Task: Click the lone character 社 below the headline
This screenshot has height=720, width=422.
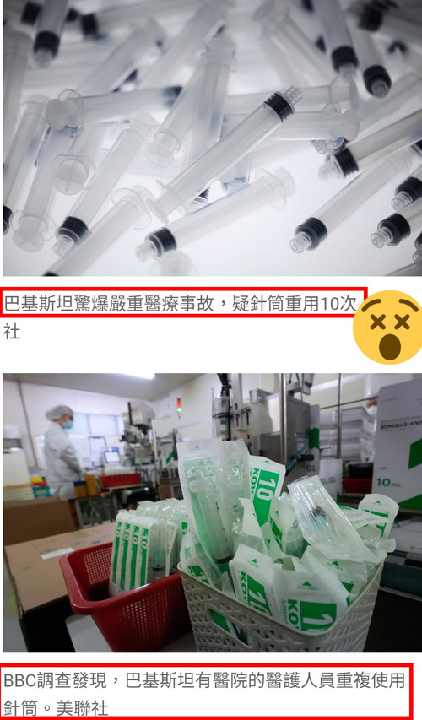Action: pos(12,331)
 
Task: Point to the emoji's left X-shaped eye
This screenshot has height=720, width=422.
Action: pos(377,322)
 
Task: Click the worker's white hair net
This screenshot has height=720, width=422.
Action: pos(59,412)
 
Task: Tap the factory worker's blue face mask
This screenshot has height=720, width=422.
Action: pos(68,425)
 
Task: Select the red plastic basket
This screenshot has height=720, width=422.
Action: pos(124,597)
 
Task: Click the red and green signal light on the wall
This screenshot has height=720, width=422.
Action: pos(179,404)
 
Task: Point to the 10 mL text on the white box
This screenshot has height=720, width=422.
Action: pos(389,482)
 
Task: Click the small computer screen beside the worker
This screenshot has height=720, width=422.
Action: pos(112,457)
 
